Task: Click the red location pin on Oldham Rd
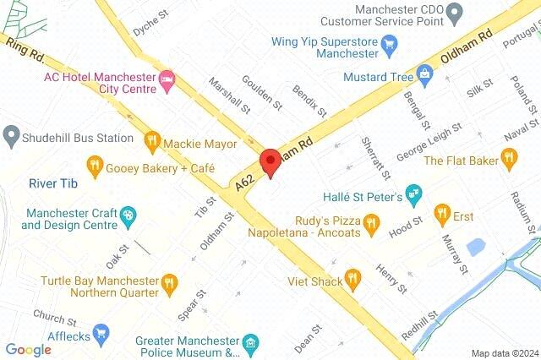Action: (270, 161)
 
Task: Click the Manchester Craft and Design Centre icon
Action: (128, 215)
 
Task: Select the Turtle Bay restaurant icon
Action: (171, 282)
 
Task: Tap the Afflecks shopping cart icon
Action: (101, 333)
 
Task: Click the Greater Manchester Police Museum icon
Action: (250, 344)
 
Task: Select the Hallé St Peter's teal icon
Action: (413, 194)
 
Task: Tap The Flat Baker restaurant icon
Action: (508, 156)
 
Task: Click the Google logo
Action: (28, 350)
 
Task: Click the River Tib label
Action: (52, 183)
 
